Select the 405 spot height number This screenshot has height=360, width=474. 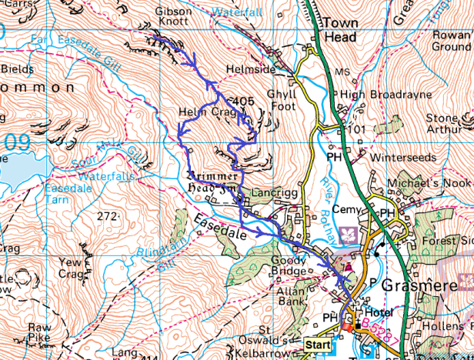[x=242, y=101]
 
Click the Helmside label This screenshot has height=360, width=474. [x=249, y=69]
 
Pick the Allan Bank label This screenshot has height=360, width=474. [x=293, y=292]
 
